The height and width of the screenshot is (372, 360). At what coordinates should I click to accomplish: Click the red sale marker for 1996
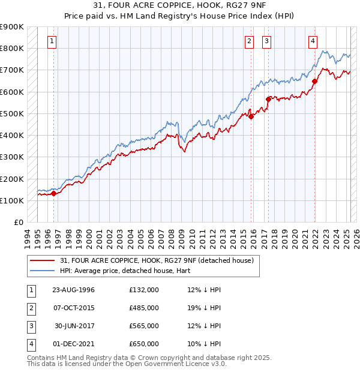(53, 193)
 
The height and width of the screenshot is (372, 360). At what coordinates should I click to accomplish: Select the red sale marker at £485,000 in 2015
(251, 117)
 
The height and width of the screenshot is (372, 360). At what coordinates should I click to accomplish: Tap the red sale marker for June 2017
(268, 100)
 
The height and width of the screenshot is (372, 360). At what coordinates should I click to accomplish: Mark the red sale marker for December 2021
(314, 81)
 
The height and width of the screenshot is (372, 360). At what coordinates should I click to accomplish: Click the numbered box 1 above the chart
(52, 41)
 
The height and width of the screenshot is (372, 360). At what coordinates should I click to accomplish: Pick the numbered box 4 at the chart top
(313, 41)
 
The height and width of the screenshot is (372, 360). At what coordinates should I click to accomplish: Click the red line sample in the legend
(43, 260)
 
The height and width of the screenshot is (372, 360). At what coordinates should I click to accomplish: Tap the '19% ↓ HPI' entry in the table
(204, 308)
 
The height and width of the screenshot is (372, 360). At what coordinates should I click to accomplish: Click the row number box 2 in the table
(30, 308)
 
